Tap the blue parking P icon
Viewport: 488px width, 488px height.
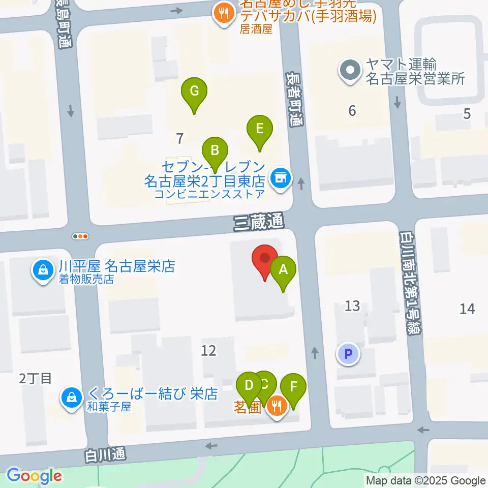point(349,354)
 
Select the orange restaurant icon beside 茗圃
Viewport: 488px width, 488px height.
point(276,406)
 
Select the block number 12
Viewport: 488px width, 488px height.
point(208,350)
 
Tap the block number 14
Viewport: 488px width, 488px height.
point(467,308)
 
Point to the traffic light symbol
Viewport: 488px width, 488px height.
point(81,236)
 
